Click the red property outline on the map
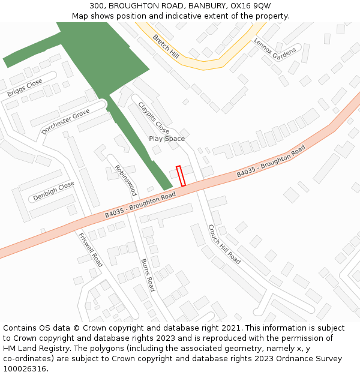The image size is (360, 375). (x=181, y=175)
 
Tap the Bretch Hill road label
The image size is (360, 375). (x=166, y=46)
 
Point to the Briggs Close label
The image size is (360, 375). (x=25, y=88)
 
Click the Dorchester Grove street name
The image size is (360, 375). (x=65, y=121)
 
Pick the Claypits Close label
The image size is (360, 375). (x=154, y=118)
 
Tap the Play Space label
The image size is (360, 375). (x=167, y=139)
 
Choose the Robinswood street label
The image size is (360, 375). (x=125, y=181)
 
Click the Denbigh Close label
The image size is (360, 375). (x=53, y=191)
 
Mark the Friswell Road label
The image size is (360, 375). (x=91, y=250)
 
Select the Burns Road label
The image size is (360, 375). (x=148, y=275)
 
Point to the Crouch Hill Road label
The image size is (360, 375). (x=224, y=244)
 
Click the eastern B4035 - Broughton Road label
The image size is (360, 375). (x=271, y=161)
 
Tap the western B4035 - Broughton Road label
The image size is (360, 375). (x=140, y=205)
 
